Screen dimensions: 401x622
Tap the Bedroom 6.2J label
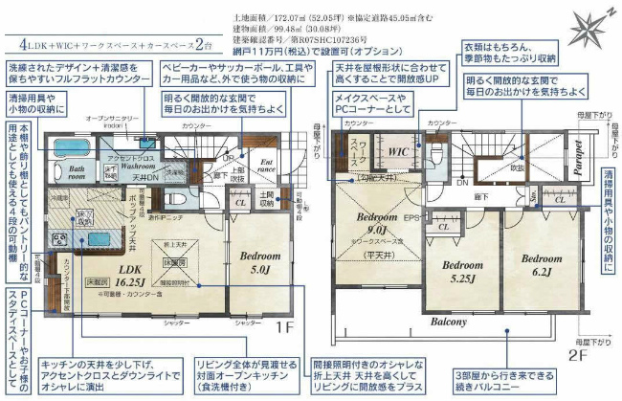click(x=542, y=264)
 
